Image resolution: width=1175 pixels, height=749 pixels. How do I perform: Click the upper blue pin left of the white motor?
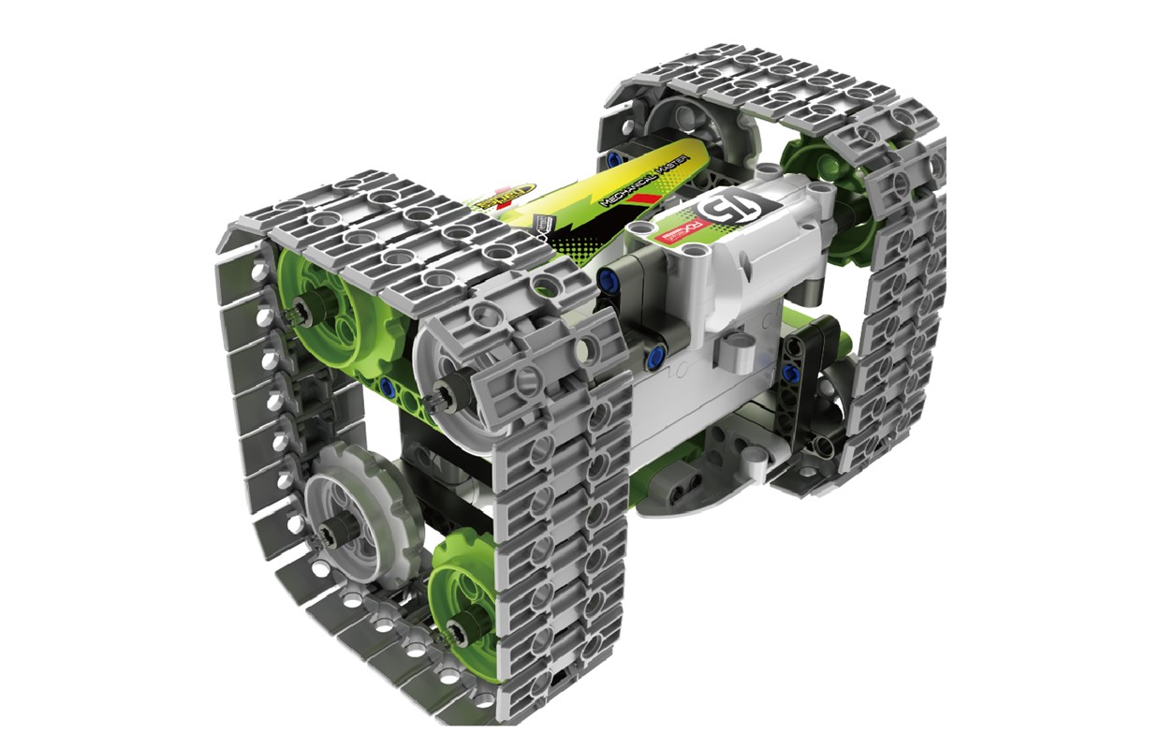coord(611,279)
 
